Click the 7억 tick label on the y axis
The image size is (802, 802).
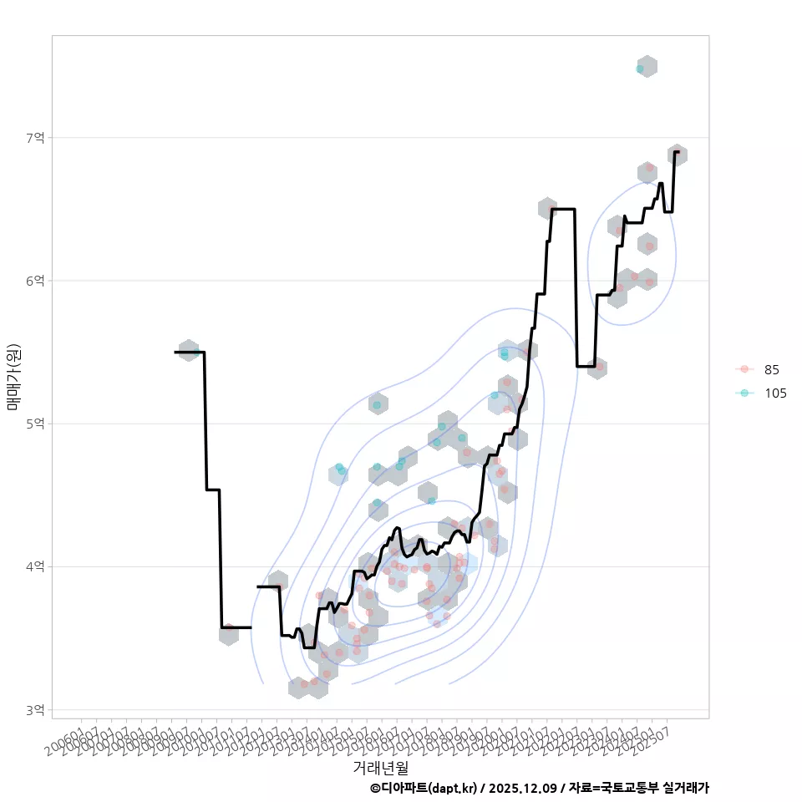point(35,137)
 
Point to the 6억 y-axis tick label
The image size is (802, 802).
point(35,281)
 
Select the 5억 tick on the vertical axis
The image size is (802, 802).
point(35,424)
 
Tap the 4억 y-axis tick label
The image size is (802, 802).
point(35,566)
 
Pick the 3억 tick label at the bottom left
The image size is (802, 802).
point(35,710)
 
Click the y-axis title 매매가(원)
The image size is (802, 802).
point(13,376)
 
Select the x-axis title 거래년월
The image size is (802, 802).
point(380,766)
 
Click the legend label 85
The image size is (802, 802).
point(771,370)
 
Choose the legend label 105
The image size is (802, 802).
point(774,393)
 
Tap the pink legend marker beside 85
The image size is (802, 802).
point(744,370)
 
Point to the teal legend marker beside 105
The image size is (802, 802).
point(744,393)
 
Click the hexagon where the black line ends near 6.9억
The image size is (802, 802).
point(678,155)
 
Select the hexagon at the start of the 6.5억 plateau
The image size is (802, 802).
point(548,208)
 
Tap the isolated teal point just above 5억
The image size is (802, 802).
point(377,405)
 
